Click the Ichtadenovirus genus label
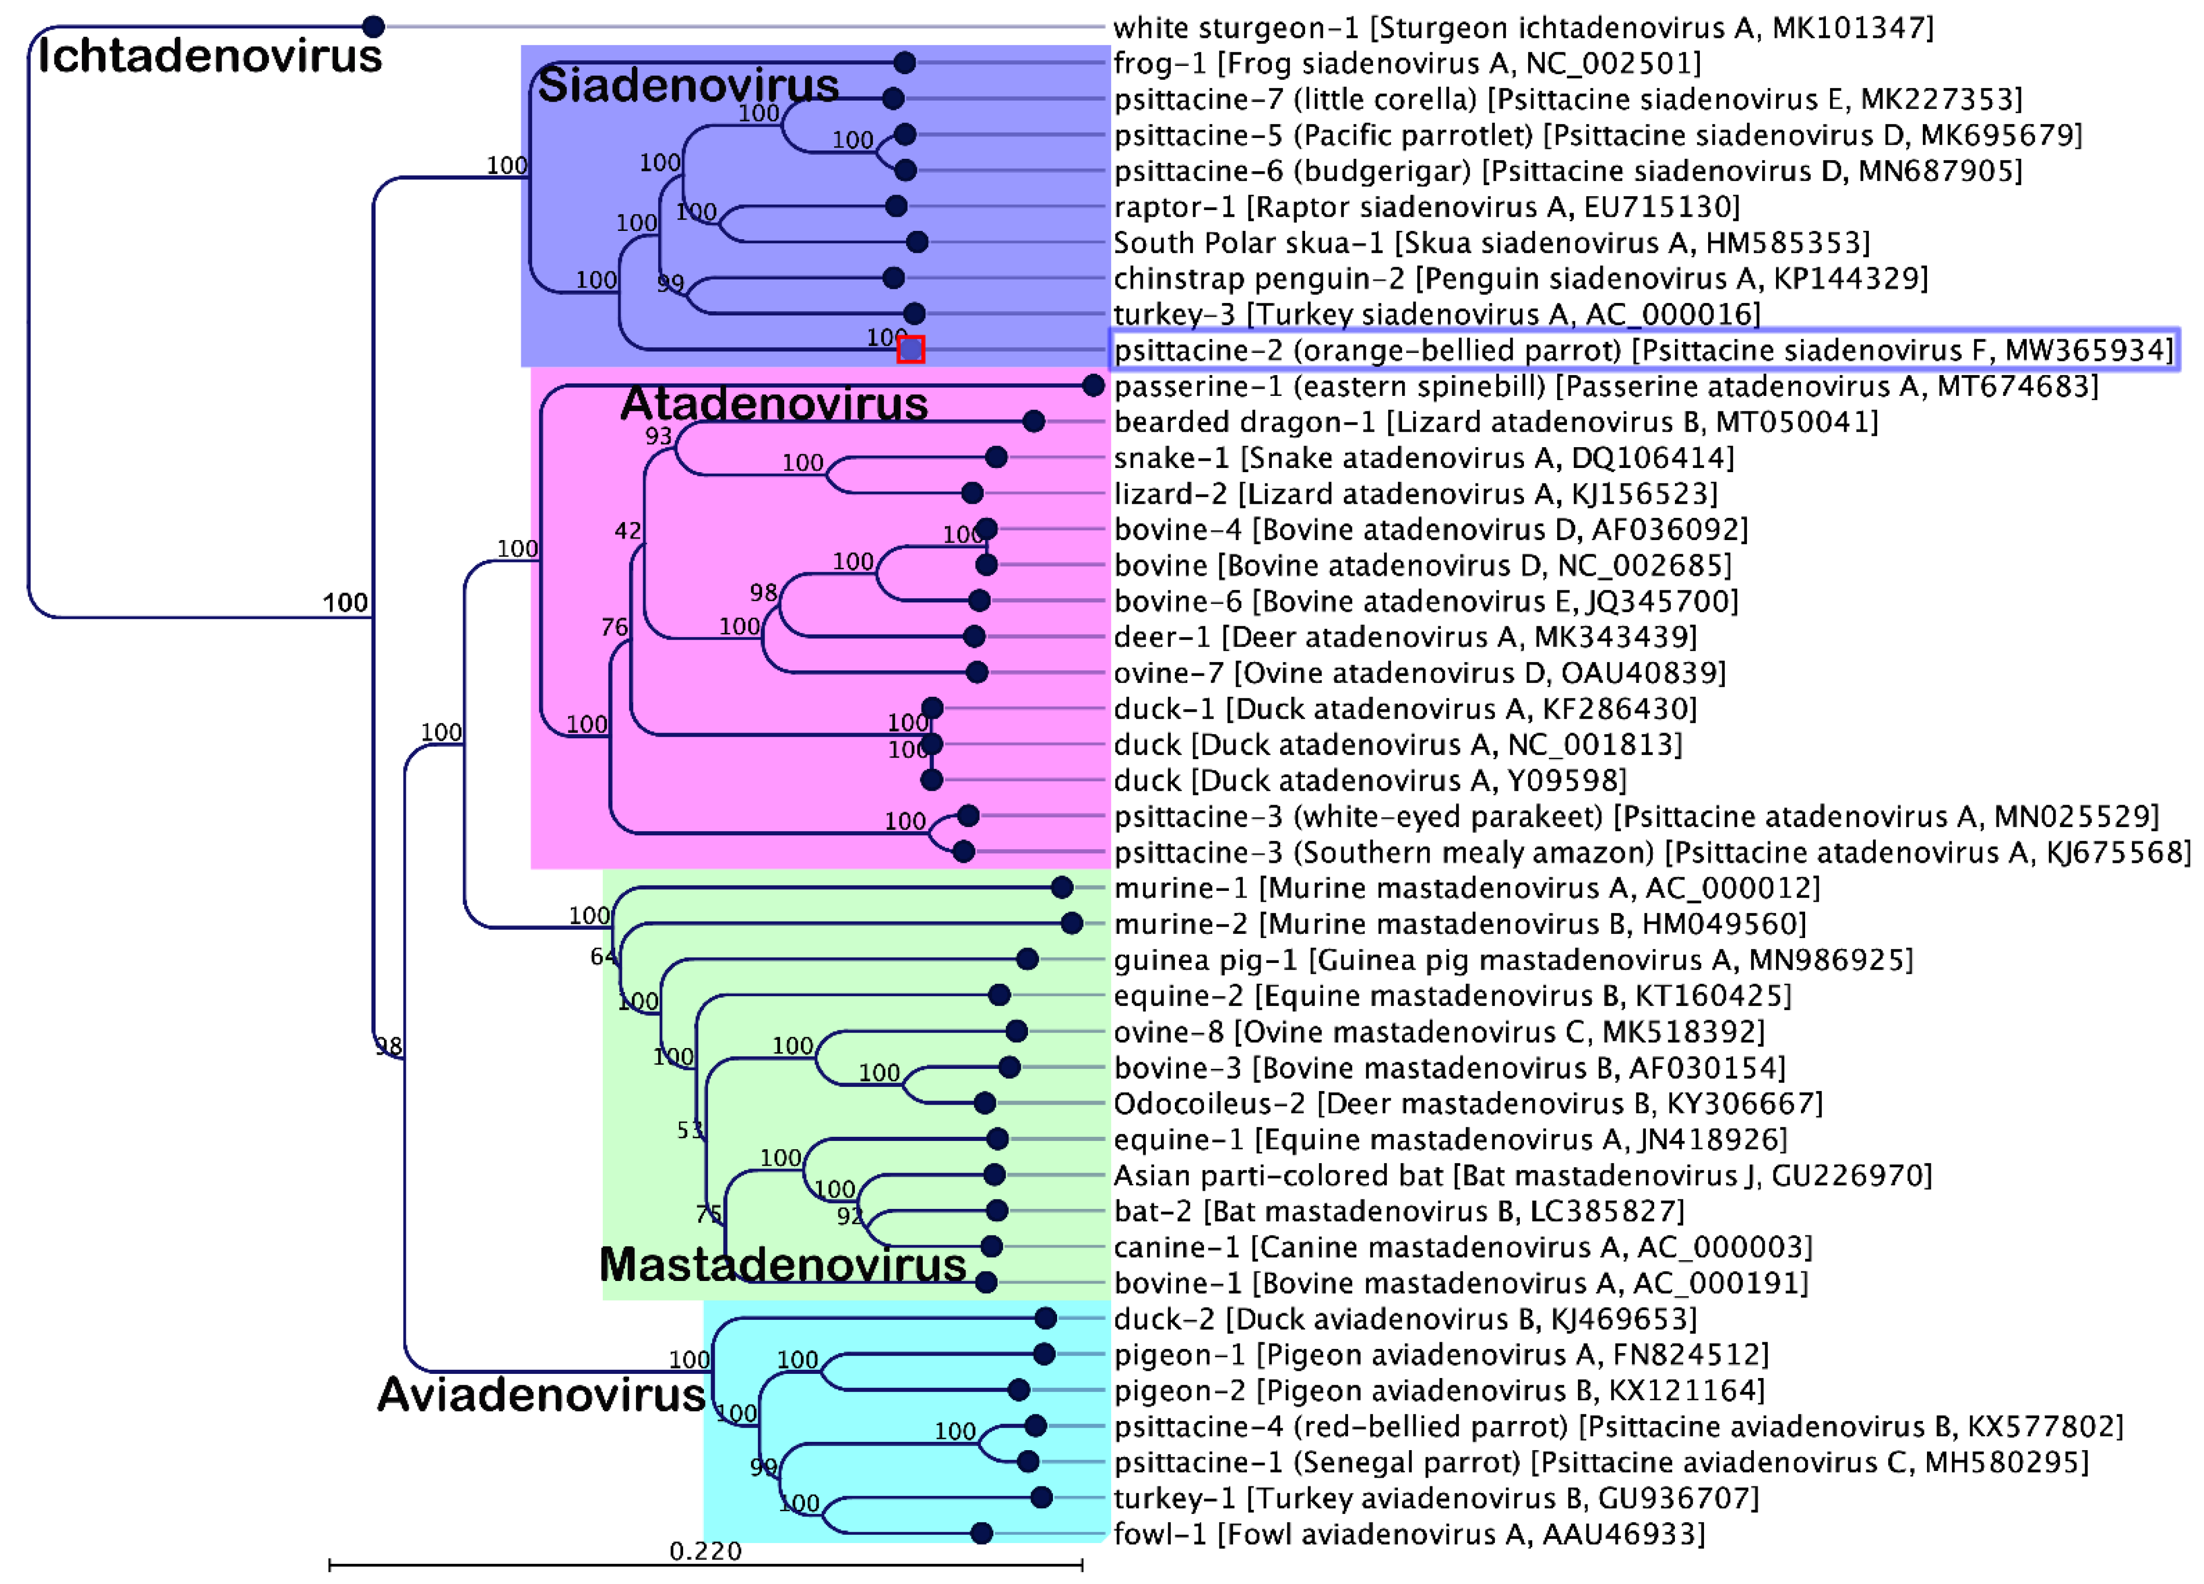209,56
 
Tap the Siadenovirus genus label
688,86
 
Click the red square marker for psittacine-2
910,350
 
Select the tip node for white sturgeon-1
373,27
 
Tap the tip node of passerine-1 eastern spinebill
1093,386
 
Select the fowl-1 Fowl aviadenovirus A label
1409,1534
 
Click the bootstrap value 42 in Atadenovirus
628,531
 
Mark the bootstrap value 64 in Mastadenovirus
603,957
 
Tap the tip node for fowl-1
981,1534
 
